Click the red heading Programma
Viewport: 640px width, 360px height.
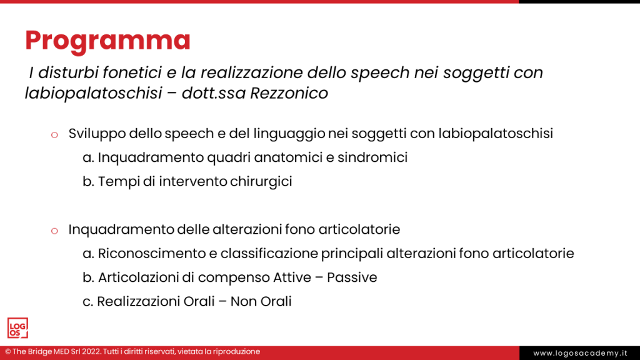[x=107, y=40]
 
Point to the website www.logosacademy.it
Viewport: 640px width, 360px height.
[x=580, y=353]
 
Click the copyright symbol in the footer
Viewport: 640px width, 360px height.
[x=8, y=352]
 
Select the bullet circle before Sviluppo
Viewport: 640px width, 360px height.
[x=54, y=134]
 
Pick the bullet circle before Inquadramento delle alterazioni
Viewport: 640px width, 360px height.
[x=54, y=231]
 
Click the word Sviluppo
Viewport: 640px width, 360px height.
[x=96, y=133]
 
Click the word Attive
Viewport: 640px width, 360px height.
[x=295, y=277]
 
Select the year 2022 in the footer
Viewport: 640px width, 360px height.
[x=92, y=352]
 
